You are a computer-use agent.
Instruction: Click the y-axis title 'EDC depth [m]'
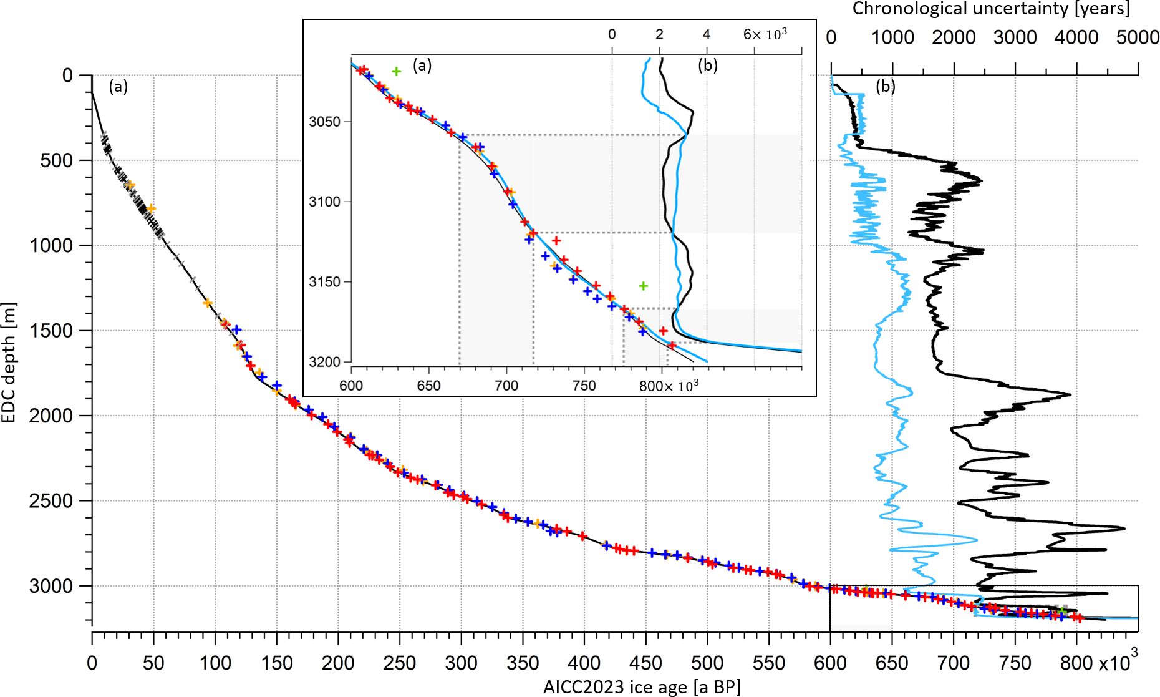coord(9,362)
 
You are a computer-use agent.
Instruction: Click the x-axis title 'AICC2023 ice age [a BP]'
coord(642,687)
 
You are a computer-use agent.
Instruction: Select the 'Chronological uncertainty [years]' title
coord(990,9)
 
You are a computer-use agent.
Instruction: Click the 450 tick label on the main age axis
coord(645,663)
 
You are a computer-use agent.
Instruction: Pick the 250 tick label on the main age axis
coord(399,663)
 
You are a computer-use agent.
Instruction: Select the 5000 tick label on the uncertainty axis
coord(1138,37)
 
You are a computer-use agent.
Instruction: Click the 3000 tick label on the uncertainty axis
coord(1015,37)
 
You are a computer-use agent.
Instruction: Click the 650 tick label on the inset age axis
coord(429,386)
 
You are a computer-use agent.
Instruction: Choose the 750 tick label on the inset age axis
coord(584,386)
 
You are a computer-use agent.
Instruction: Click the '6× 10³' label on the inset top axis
coord(765,34)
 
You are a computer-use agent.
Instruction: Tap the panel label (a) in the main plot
coord(118,86)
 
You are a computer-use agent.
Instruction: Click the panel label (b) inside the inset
coord(708,65)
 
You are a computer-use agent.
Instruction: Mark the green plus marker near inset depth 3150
coord(643,286)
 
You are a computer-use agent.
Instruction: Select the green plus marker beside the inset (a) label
coord(396,71)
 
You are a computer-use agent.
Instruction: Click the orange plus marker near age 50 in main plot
coord(150,208)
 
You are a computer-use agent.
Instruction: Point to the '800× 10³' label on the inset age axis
coord(669,386)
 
